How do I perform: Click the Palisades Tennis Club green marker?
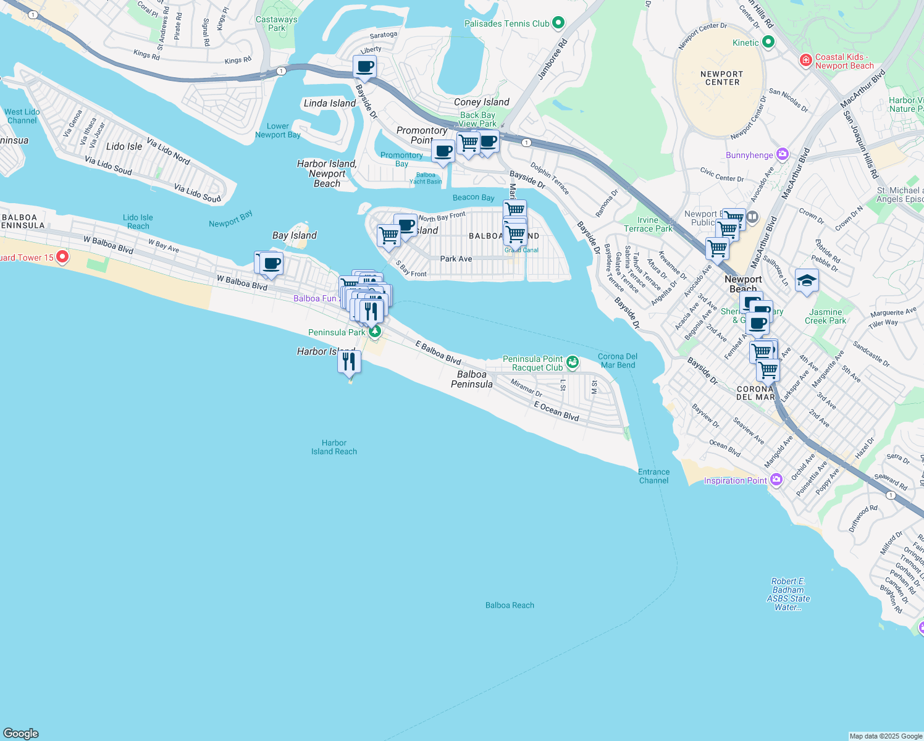[558, 23]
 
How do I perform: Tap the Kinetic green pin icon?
[768, 42]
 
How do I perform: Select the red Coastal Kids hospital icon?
[805, 60]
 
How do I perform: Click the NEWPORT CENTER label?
[721, 78]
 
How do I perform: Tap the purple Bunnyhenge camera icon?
[783, 154]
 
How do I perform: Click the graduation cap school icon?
[807, 282]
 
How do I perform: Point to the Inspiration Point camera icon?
[776, 480]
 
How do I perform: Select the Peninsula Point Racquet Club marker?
[573, 362]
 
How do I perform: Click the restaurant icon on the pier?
[349, 362]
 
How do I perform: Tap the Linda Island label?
[329, 103]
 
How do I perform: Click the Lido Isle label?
[124, 146]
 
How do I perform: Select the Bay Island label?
[295, 235]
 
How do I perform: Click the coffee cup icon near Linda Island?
[364, 67]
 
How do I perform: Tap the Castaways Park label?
[277, 23]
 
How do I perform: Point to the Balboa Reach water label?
[510, 605]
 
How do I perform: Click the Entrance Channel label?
[653, 476]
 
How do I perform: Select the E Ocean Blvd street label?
[556, 411]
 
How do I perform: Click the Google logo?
[21, 733]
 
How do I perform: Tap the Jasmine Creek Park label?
[825, 316]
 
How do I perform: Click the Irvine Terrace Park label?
[648, 224]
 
